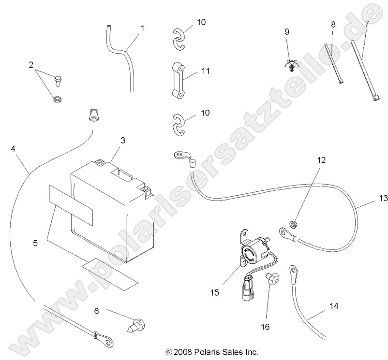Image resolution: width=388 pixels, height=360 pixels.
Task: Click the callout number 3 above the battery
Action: (x=123, y=140)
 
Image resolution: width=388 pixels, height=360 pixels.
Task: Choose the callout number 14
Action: (x=334, y=306)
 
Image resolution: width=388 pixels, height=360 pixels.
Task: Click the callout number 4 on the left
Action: (x=12, y=149)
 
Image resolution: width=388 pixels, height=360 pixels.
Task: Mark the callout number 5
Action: (x=35, y=244)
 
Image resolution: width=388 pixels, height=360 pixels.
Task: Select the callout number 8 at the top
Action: (x=333, y=24)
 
